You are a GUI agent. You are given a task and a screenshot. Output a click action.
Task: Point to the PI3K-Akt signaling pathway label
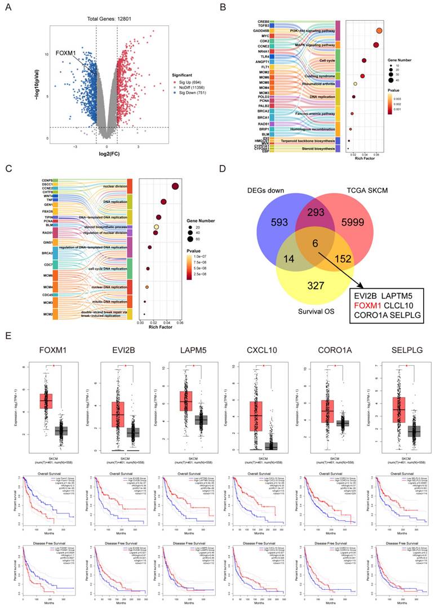tap(309, 30)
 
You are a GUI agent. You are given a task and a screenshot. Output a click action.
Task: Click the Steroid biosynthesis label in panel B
tap(313, 150)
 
